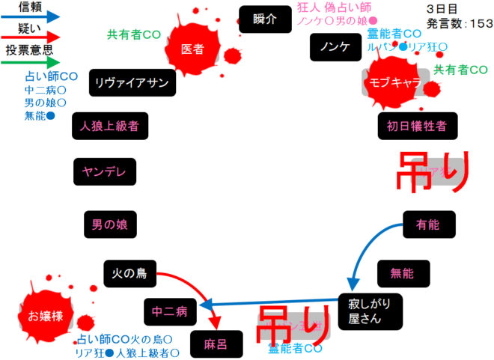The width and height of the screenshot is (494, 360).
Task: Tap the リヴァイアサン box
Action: (x=132, y=82)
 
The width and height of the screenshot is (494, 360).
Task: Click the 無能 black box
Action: (x=403, y=274)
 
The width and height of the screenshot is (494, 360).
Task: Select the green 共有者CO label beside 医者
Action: (x=134, y=34)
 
